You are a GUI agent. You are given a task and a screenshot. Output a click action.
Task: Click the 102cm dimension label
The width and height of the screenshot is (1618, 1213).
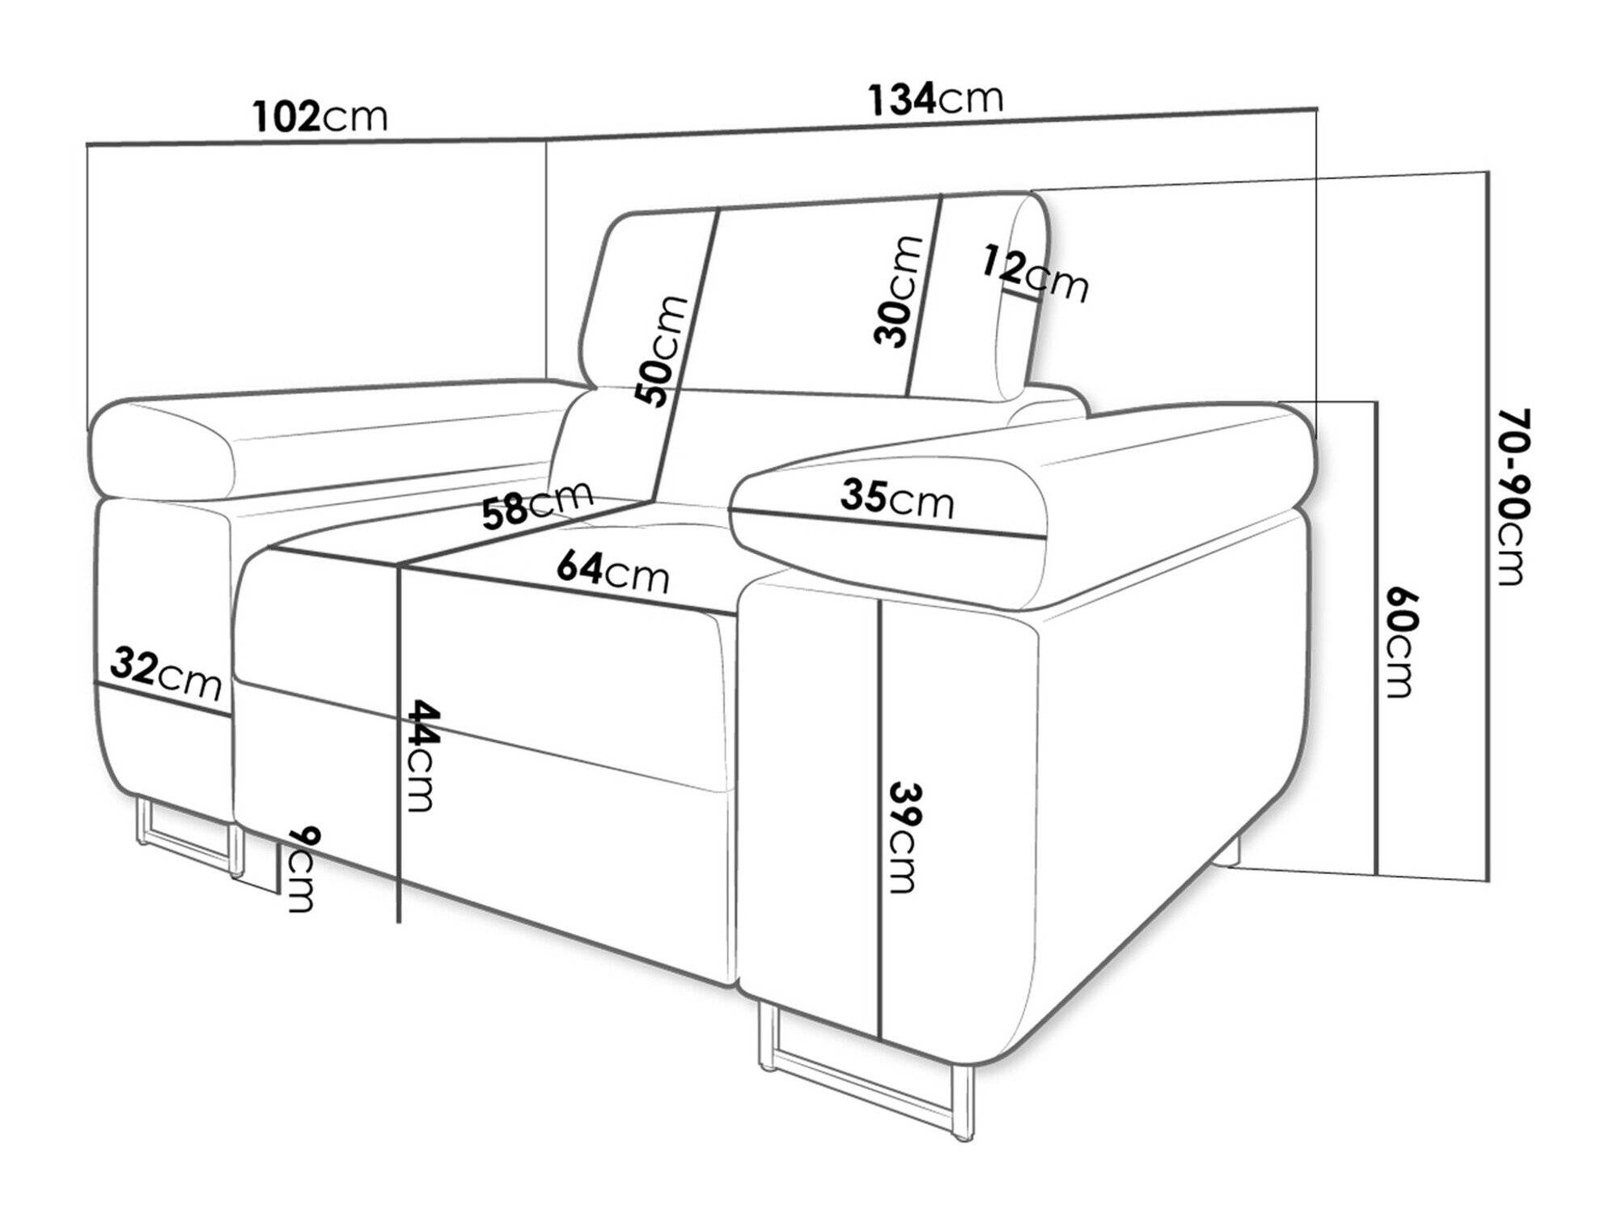[320, 117]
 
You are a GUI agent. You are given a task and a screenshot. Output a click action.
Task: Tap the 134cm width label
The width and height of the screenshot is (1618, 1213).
[935, 99]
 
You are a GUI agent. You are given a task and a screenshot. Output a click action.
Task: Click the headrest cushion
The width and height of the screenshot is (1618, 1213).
[817, 291]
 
